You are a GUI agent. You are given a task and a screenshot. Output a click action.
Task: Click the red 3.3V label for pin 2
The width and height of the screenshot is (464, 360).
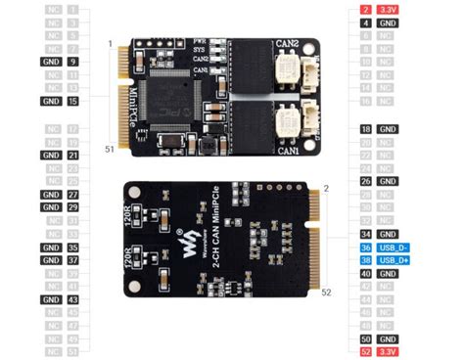click(x=389, y=9)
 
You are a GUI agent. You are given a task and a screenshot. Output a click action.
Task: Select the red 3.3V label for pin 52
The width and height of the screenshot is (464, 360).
click(x=389, y=351)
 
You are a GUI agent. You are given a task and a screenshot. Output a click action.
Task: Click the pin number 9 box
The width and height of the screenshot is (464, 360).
click(x=73, y=61)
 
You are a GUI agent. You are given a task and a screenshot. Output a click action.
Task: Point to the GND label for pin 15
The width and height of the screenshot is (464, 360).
click(x=51, y=101)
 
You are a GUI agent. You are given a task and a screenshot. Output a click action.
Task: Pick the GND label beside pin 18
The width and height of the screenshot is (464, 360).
click(x=389, y=128)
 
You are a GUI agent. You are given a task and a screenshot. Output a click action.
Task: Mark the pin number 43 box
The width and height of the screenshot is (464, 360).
click(x=73, y=299)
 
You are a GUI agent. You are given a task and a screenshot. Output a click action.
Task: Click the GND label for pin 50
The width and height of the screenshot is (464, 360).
click(x=389, y=337)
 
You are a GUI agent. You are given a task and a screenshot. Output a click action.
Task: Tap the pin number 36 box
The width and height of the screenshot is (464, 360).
click(x=365, y=247)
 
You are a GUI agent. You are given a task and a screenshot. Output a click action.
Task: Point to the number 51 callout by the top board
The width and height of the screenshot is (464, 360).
click(x=111, y=149)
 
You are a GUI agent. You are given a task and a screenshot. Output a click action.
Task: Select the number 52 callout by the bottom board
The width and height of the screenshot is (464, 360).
click(x=326, y=292)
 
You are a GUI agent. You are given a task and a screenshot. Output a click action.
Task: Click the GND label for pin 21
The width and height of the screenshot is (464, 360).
click(x=51, y=155)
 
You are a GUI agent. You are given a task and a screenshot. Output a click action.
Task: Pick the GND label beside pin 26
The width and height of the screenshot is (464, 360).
click(x=389, y=181)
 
